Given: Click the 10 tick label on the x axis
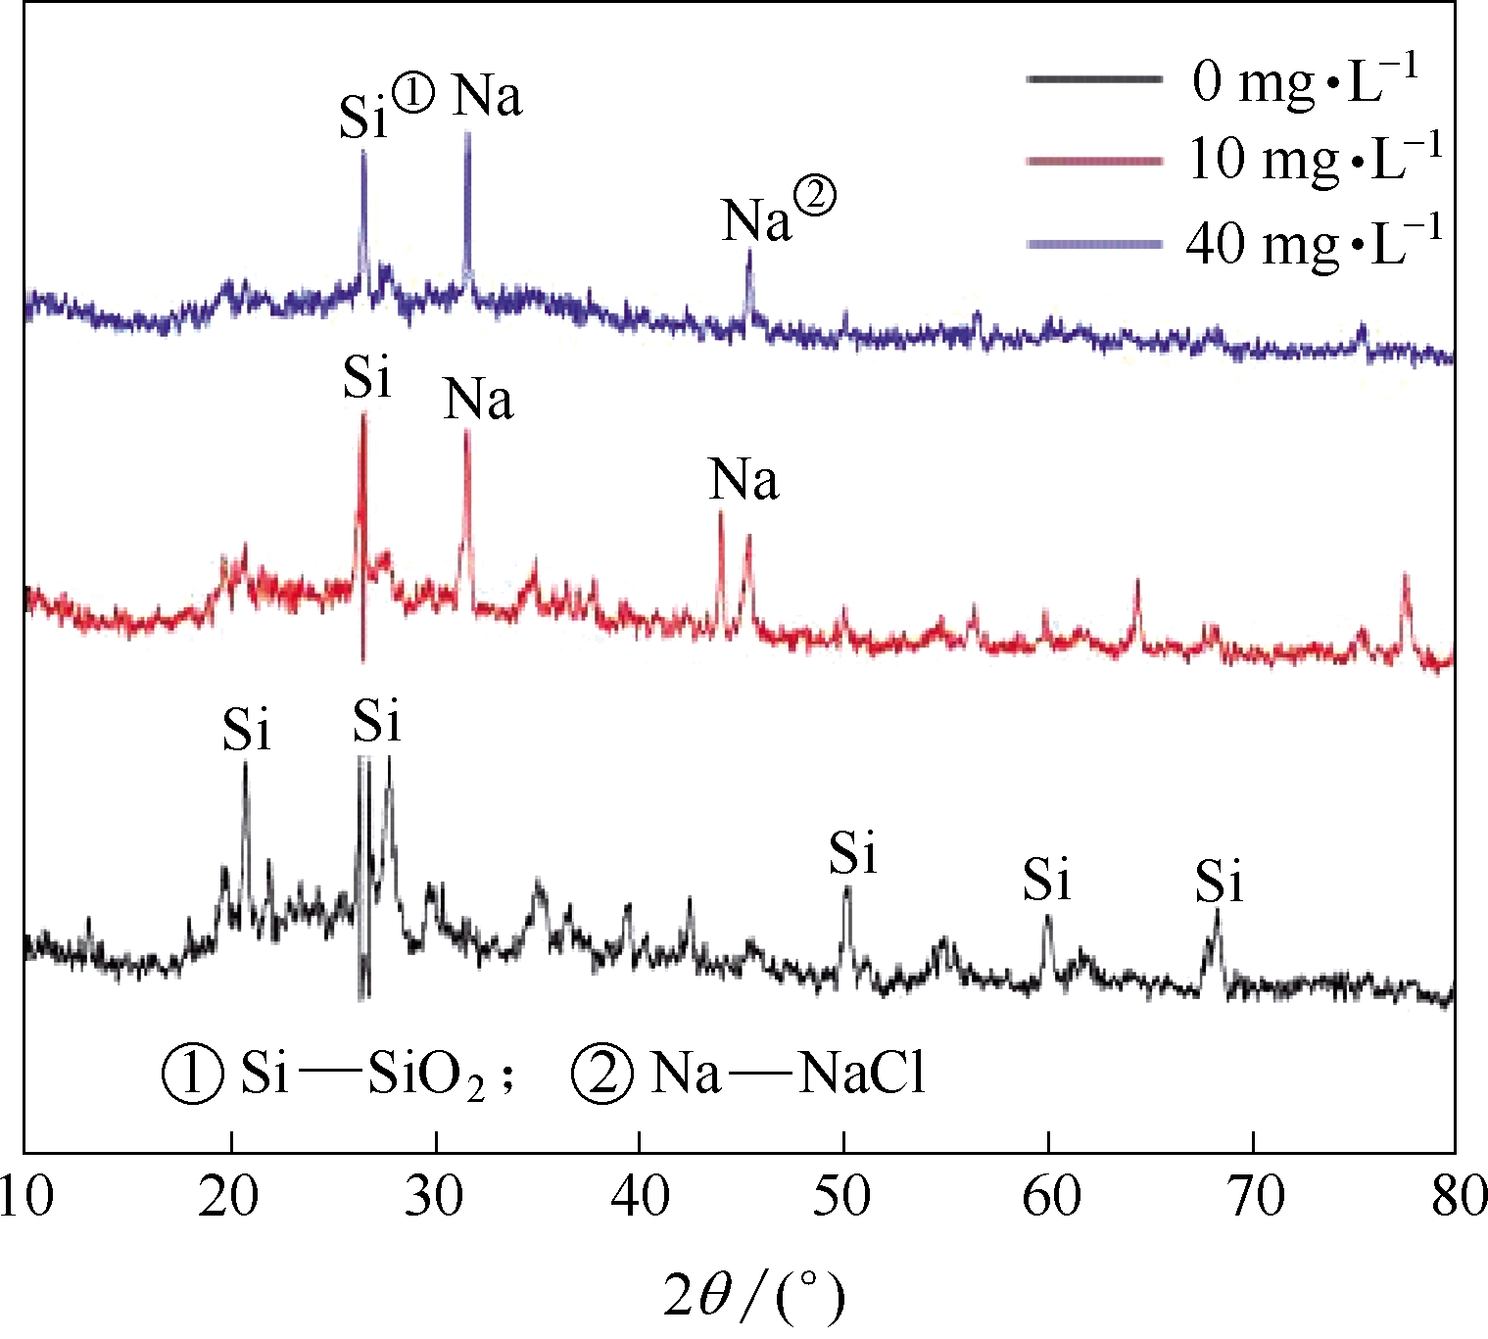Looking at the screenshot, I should coord(25,1196).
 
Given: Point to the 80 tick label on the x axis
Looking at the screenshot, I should coord(1457,1196).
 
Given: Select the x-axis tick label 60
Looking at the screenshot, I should coord(1049,1196).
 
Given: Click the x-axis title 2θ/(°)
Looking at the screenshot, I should coord(752,1296).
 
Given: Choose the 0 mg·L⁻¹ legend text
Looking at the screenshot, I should coord(1304,79).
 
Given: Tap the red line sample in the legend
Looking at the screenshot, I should coord(1093,160).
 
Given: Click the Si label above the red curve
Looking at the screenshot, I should coord(366,377).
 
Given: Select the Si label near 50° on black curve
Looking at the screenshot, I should coord(852,852).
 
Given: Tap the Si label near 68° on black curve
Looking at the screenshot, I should coord(1218,881).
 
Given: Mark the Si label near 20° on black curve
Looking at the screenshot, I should coord(245,730).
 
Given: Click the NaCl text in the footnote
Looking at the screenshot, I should coord(861,1074).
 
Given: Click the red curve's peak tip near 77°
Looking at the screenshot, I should coord(1406,575).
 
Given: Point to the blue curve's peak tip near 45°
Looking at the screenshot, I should coord(749,252).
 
